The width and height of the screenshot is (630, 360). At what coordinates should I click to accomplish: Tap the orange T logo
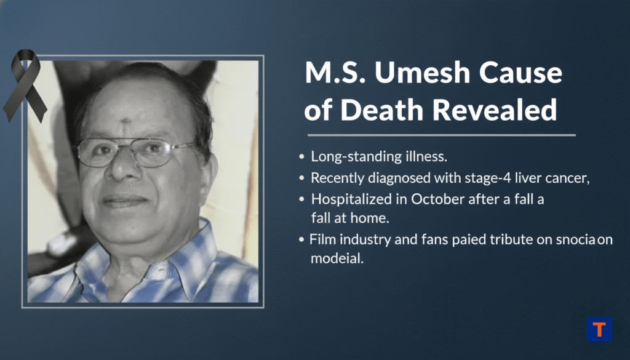click(x=599, y=329)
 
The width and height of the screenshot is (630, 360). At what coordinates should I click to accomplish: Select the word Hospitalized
click(x=346, y=199)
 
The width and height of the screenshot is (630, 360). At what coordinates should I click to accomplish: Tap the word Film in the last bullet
click(x=322, y=239)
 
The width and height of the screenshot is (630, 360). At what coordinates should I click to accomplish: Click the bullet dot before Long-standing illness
click(x=301, y=158)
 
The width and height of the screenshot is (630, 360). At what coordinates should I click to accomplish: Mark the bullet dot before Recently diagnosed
click(x=301, y=179)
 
